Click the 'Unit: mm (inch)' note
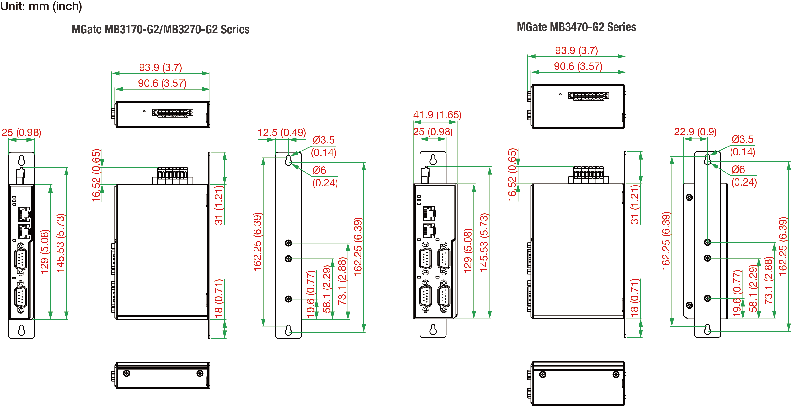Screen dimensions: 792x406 (41, 6)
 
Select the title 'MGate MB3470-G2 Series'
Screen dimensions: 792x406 (577, 27)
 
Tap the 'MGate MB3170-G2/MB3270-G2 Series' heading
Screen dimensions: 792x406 (161, 29)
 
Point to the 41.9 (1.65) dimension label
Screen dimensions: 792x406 (437, 115)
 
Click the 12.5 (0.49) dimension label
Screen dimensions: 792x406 (282, 133)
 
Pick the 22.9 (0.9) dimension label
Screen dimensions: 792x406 (695, 132)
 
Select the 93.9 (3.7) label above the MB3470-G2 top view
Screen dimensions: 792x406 (577, 50)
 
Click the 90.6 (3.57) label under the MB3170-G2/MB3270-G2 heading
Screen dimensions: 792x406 (162, 83)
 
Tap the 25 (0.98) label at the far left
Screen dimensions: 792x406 (21, 133)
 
